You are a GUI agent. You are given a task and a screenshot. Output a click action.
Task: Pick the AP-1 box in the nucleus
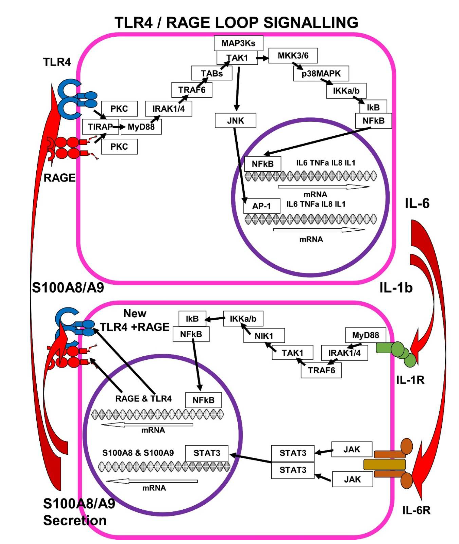pyautogui.click(x=262, y=206)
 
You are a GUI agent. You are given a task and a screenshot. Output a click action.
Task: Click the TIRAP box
pyautogui.click(x=100, y=127)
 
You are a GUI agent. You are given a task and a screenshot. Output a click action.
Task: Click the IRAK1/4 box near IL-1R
pyautogui.click(x=344, y=353)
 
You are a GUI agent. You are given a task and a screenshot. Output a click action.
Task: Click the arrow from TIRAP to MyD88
pyautogui.click(x=119, y=127)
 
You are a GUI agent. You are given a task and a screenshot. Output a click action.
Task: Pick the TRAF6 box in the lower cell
pyautogui.click(x=321, y=370)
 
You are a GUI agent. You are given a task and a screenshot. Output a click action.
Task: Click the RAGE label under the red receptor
pyautogui.click(x=59, y=178)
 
